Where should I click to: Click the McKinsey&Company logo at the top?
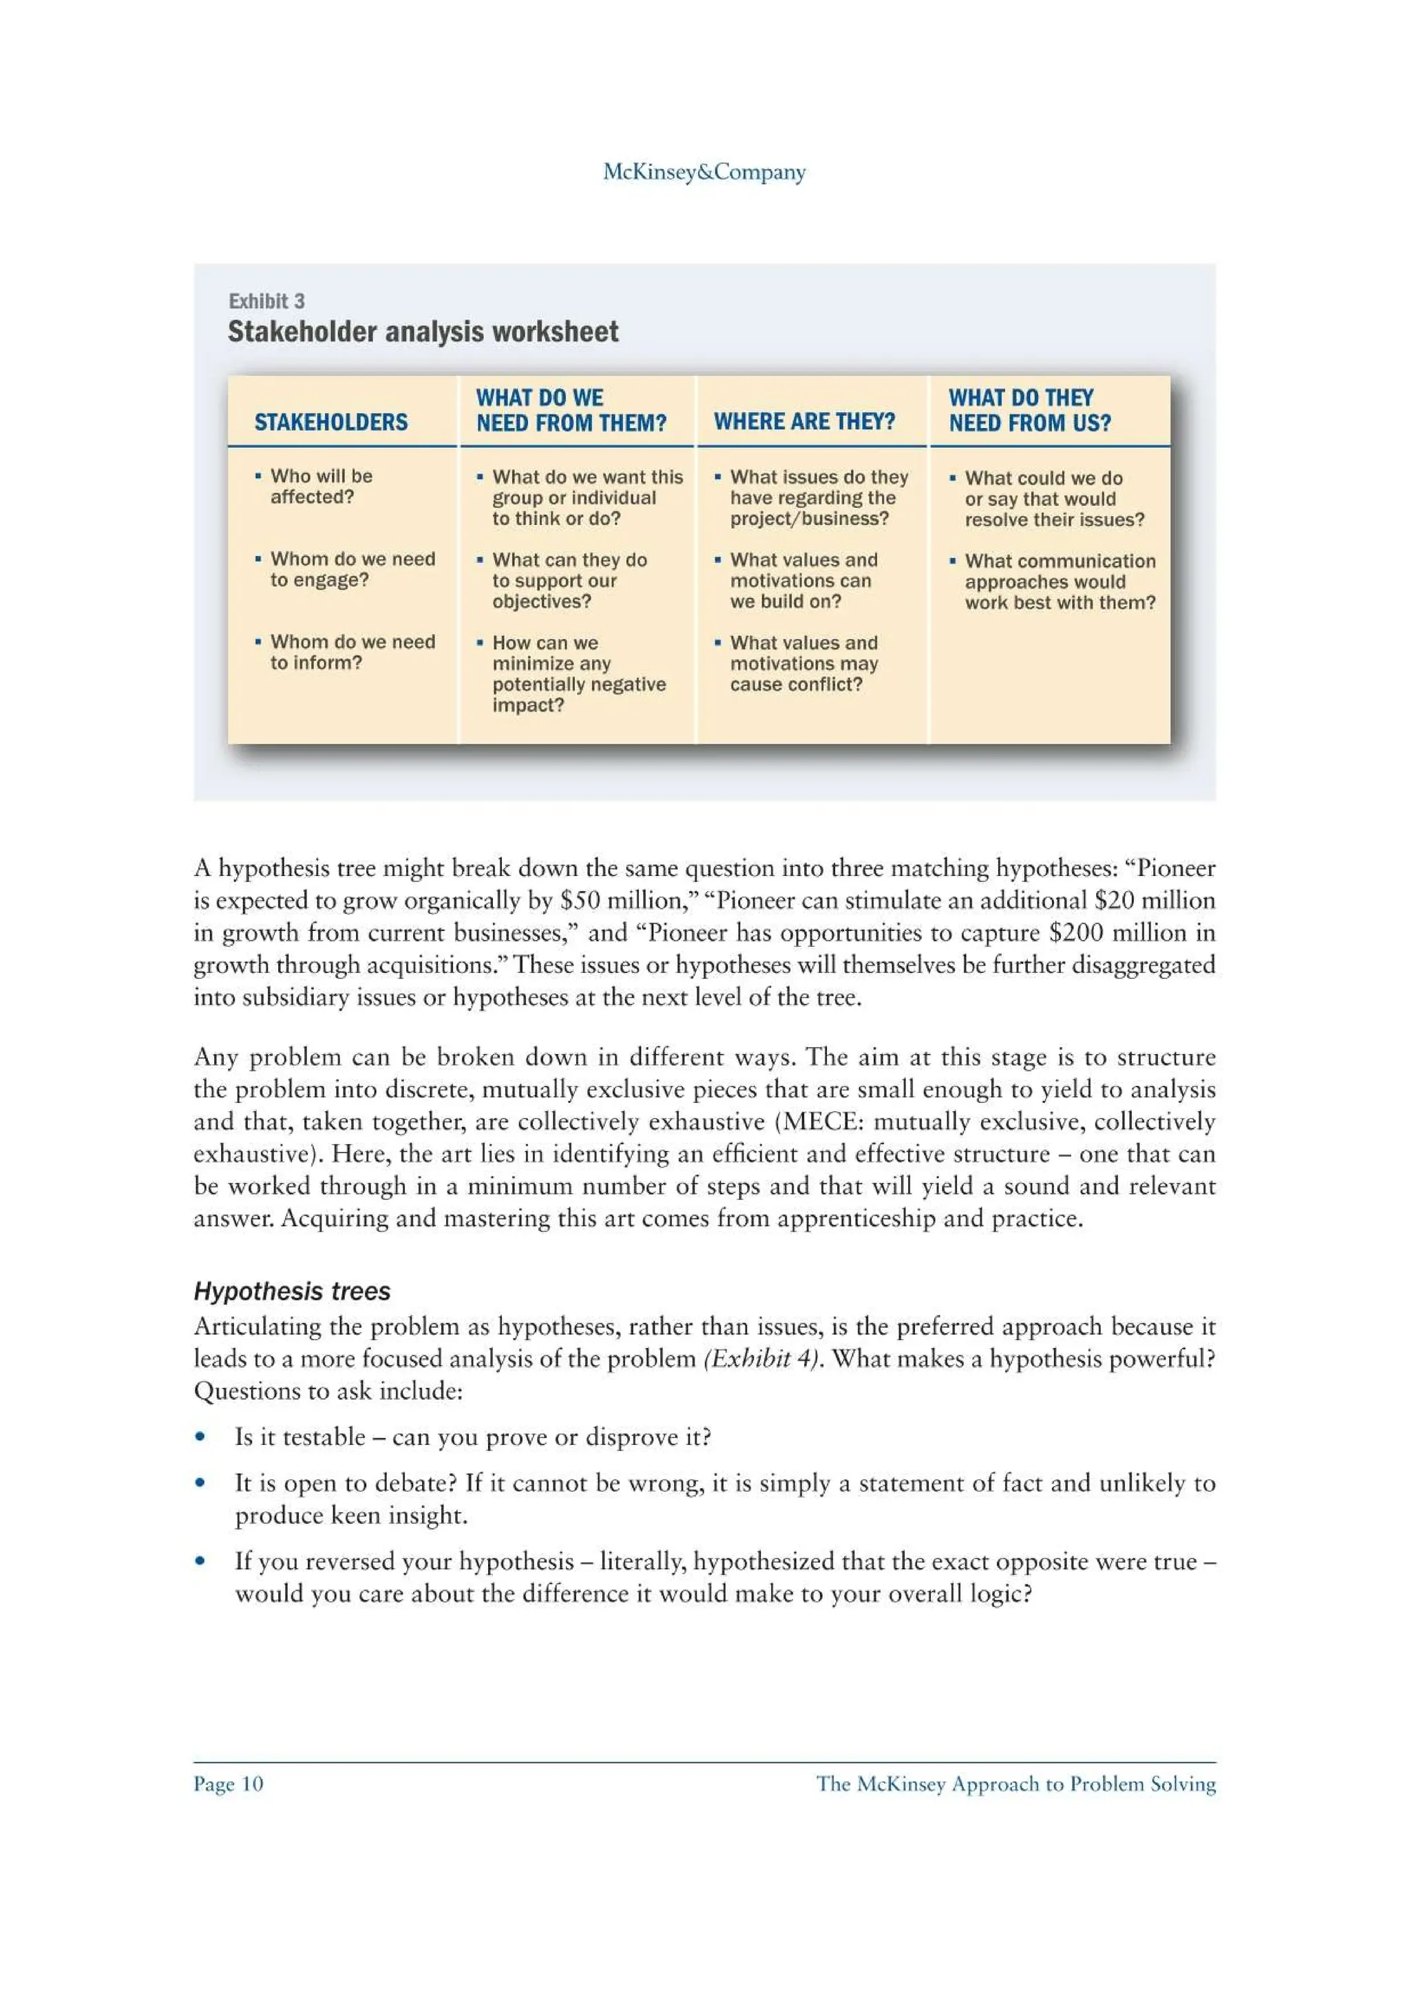coord(704,172)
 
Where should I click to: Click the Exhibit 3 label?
coord(266,301)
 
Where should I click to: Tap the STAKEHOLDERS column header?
coord(330,422)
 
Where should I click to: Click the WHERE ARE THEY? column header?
coord(803,421)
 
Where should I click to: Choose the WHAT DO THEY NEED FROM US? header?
coord(1029,410)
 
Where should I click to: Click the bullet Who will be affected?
coord(321,486)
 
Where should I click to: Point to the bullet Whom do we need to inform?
coord(352,652)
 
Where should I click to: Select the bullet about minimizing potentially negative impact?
coord(578,674)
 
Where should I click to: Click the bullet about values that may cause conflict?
coord(803,663)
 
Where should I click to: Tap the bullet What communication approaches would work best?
coord(1059,582)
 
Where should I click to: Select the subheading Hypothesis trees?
coord(292,1291)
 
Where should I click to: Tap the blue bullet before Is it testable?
coord(200,1437)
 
